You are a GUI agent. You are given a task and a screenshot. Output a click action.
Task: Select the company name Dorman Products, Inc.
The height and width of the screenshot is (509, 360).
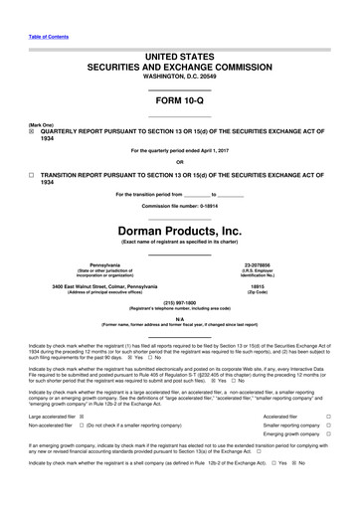(x=179, y=228)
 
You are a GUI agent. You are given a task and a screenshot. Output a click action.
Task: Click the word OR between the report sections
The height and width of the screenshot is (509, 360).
(x=179, y=162)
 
